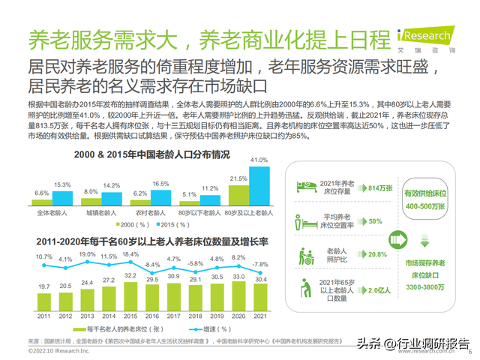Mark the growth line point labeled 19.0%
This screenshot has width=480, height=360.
[87, 262]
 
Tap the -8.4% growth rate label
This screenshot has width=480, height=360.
[152, 265]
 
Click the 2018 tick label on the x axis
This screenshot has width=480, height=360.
[196, 316]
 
